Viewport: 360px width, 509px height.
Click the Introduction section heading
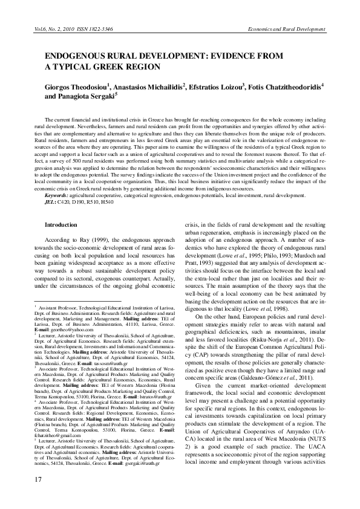(62, 224)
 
